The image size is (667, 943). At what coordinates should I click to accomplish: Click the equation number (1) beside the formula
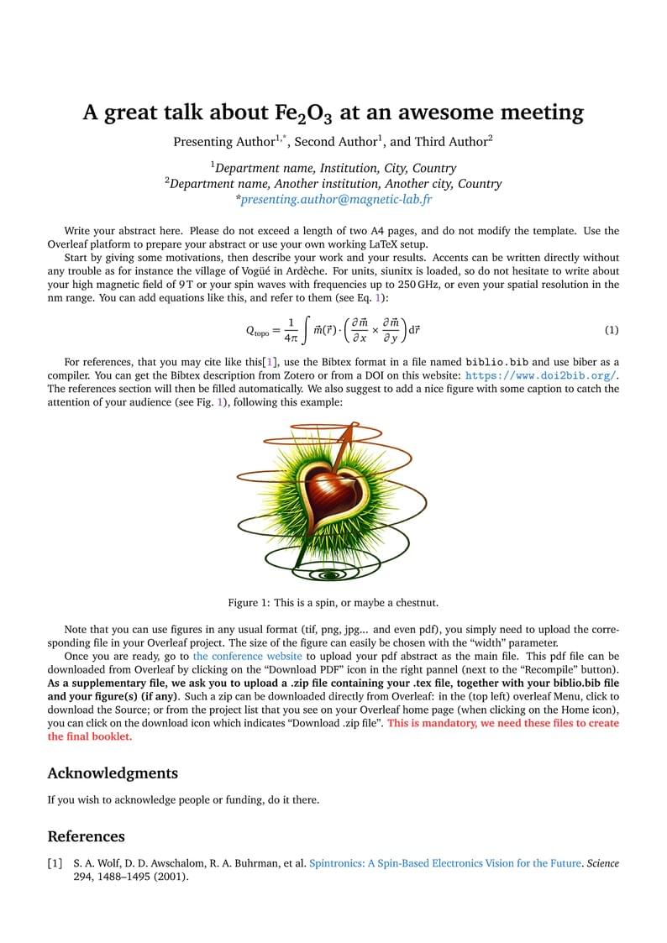612,330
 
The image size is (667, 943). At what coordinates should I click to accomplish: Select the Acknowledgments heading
113,773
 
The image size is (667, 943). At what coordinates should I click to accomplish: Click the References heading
86,836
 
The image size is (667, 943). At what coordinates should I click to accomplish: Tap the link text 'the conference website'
247,656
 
